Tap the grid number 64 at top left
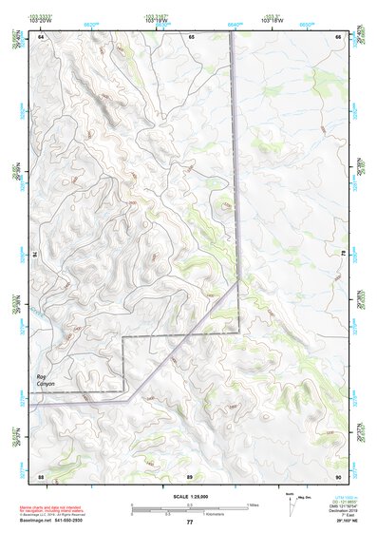41,36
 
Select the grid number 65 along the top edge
191,36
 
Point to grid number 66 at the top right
339,36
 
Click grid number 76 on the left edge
35,255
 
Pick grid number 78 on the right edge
345,255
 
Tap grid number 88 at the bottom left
41,474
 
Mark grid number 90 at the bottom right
339,474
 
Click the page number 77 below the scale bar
189,522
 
